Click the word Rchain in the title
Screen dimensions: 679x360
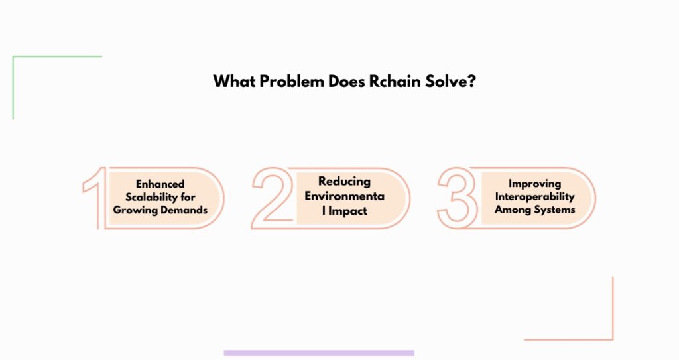395,81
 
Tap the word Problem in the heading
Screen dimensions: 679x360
292,81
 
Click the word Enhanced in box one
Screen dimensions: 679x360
160,184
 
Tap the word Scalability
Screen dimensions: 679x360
151,197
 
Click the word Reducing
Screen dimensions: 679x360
344,182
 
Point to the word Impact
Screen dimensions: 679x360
347,211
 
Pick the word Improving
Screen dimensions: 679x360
535,184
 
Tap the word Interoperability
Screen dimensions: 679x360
535,197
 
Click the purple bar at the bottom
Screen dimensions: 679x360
319,353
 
